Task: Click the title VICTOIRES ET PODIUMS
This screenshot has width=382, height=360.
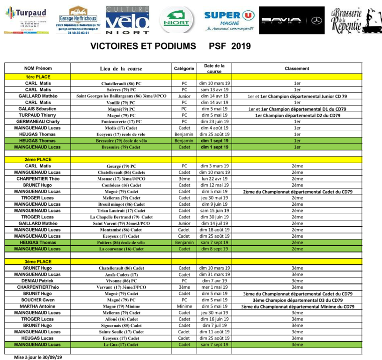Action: coord(143,46)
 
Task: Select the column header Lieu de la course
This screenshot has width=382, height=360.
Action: coord(121,68)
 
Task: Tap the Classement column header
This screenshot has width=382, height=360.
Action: coord(297,68)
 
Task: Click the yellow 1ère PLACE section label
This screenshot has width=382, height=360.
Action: coord(38,76)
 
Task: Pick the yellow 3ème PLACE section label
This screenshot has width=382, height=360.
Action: coord(38,262)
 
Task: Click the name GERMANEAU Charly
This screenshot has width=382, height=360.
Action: coord(38,121)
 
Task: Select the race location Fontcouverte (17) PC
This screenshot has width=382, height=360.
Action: coord(121,121)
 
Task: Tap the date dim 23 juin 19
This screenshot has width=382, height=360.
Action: coord(214,121)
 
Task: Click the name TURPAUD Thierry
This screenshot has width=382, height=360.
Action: coord(38,115)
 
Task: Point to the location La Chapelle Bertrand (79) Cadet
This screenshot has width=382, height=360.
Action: coord(121,217)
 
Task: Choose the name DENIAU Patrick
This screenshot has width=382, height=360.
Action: coord(38,281)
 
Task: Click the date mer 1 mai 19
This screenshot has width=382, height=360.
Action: coord(214,287)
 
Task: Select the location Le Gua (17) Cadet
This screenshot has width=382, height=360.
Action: coord(121,345)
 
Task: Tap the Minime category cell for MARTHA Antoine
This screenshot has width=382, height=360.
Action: coord(184,306)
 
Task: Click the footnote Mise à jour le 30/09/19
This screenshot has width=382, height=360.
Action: coord(38,357)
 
